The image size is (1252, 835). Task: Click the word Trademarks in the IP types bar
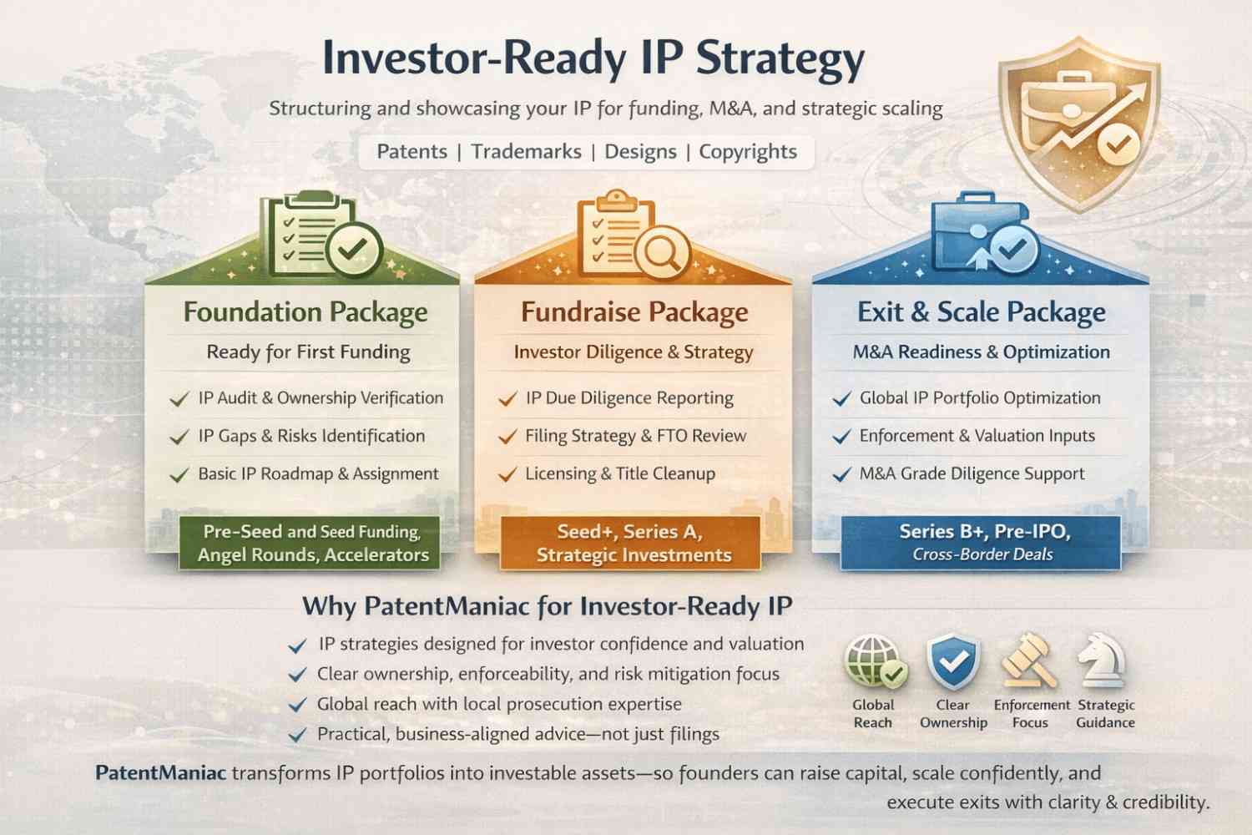coord(526,152)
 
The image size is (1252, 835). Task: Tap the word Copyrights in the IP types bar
coord(748,152)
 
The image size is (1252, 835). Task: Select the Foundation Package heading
coord(305,312)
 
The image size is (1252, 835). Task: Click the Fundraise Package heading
coord(634,312)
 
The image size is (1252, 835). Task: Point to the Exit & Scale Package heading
coord(982,312)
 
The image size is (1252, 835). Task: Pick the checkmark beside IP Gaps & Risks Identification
coord(179,437)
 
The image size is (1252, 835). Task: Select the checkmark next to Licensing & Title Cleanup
coord(507,474)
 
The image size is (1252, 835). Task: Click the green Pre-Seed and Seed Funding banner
coord(310,543)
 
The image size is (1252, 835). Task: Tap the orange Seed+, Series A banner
coord(630,543)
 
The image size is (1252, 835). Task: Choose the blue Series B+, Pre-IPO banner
coord(981,543)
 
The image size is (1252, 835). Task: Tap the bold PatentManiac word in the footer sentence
coord(161,773)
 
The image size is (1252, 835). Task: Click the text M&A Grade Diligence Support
coord(972,474)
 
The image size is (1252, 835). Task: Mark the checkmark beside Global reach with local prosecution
coord(297,705)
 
